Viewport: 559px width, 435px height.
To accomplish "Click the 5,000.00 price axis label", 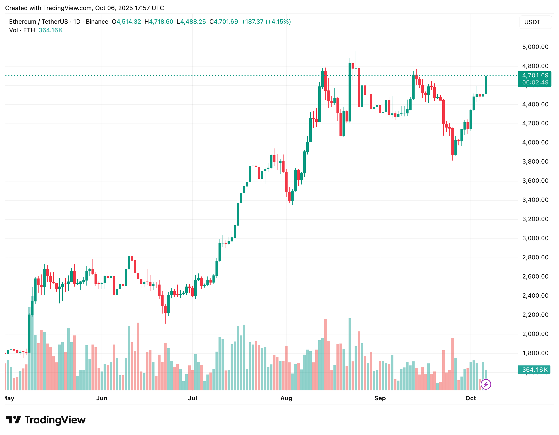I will click(535, 47).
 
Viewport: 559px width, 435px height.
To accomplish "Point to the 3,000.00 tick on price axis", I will click(535, 238).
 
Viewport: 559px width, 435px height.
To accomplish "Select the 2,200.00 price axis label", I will click(535, 315).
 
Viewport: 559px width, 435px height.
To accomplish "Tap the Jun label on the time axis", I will click(102, 398).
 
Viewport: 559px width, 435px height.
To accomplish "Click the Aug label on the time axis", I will click(286, 398).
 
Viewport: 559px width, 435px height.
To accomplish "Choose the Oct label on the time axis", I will click(471, 398).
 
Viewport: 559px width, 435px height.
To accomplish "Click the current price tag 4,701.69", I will click(535, 76).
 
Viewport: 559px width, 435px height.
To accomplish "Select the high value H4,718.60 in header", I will click(159, 22).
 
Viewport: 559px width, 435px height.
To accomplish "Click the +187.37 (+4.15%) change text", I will click(266, 22).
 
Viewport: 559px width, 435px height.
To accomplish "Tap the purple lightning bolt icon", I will click(486, 384).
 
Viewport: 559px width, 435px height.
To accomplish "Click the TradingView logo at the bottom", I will click(46, 420).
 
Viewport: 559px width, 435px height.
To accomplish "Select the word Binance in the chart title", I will click(97, 22).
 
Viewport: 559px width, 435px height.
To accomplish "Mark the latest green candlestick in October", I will click(486, 85).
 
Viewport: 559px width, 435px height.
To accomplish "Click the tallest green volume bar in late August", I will click(350, 354).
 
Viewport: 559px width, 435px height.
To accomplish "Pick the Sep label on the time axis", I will click(380, 398).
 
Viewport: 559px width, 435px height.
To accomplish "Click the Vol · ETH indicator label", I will click(22, 30).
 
